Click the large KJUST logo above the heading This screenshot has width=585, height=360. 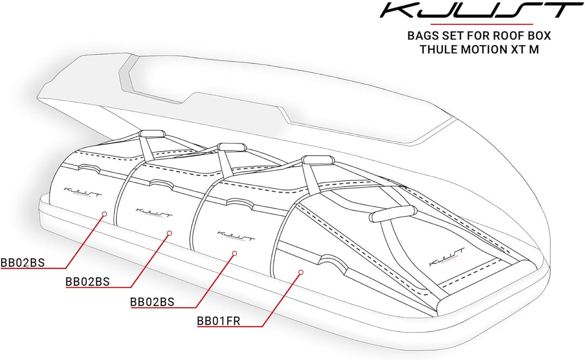click(x=482, y=10)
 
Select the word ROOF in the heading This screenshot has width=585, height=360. click(x=509, y=36)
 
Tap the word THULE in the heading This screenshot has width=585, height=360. click(x=436, y=49)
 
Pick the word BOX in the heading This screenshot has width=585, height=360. click(x=539, y=36)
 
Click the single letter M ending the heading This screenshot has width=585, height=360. click(x=534, y=49)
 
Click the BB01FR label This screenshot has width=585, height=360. click(x=219, y=321)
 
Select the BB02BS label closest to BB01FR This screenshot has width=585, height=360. click(x=152, y=302)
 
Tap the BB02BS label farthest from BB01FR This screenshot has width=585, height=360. click(x=22, y=263)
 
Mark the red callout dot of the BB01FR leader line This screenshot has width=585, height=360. click(x=301, y=272)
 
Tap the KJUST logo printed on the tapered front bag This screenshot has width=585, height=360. click(x=447, y=256)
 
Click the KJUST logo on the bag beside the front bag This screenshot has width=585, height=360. click(x=236, y=236)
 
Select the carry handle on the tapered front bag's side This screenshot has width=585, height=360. click(x=393, y=213)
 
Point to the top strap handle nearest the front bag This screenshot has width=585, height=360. click(x=317, y=160)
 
